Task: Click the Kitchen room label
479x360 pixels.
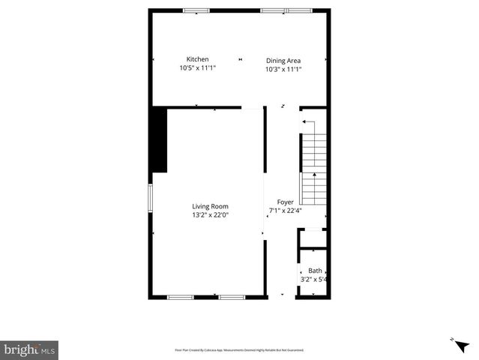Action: pyautogui.click(x=198, y=59)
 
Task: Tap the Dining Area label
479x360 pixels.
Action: pyautogui.click(x=283, y=60)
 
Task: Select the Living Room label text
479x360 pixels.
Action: pyautogui.click(x=210, y=206)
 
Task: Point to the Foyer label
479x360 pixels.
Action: pyautogui.click(x=286, y=202)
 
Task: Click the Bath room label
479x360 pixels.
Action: pyautogui.click(x=315, y=271)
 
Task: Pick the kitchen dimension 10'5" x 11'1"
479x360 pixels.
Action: pyautogui.click(x=198, y=68)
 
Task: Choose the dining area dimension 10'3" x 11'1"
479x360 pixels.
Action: pyautogui.click(x=283, y=69)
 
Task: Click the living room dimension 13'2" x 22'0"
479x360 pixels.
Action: pyautogui.click(x=210, y=215)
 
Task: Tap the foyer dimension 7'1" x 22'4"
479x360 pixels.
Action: pyautogui.click(x=286, y=211)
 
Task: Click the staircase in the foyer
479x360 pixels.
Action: pyautogui.click(x=313, y=169)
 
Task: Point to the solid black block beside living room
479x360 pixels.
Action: pyautogui.click(x=159, y=140)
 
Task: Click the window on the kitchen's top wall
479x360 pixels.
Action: pyautogui.click(x=196, y=10)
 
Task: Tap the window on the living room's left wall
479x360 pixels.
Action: pyautogui.click(x=150, y=197)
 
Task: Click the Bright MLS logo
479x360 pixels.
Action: pyautogui.click(x=29, y=349)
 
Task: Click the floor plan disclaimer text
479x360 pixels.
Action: pyautogui.click(x=239, y=350)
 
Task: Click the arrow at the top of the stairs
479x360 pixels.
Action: pyautogui.click(x=305, y=121)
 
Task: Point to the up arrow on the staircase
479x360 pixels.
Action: pyautogui.click(x=313, y=176)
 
